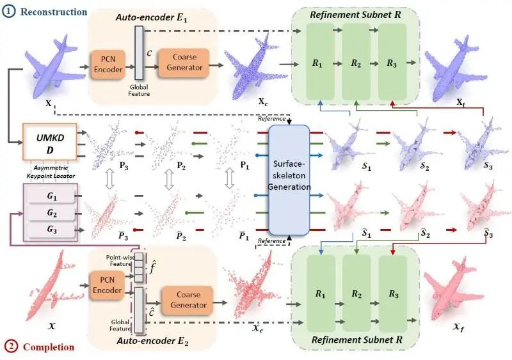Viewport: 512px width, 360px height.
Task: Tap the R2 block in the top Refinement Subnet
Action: click(x=356, y=64)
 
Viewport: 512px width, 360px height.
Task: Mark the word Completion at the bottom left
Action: click(x=49, y=347)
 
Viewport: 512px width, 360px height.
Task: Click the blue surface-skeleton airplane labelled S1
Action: click(x=346, y=144)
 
